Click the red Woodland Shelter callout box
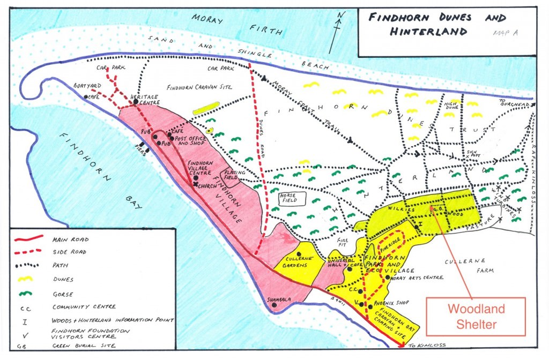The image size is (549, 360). click(476, 317)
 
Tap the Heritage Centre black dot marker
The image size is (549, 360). click(136, 101)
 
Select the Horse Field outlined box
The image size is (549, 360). click(292, 198)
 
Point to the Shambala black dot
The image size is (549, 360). click(274, 305)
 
